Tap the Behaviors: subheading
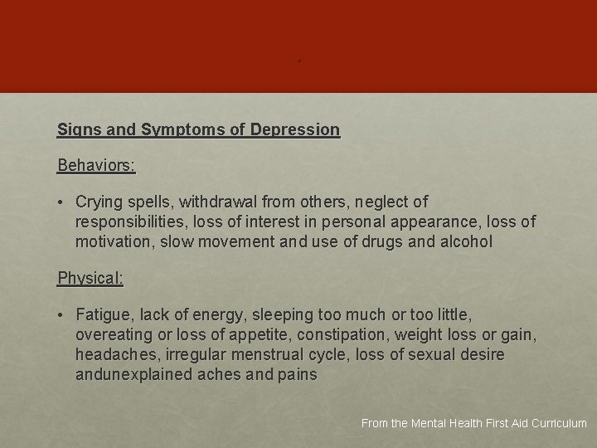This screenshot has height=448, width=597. (x=96, y=165)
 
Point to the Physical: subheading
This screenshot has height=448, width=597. (x=90, y=279)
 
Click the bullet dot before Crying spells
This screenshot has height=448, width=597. (x=62, y=202)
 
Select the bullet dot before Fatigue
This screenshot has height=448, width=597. (x=62, y=315)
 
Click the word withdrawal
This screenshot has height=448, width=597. (x=218, y=202)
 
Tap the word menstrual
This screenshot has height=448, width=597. (x=307, y=355)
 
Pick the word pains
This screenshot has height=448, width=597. (x=298, y=375)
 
